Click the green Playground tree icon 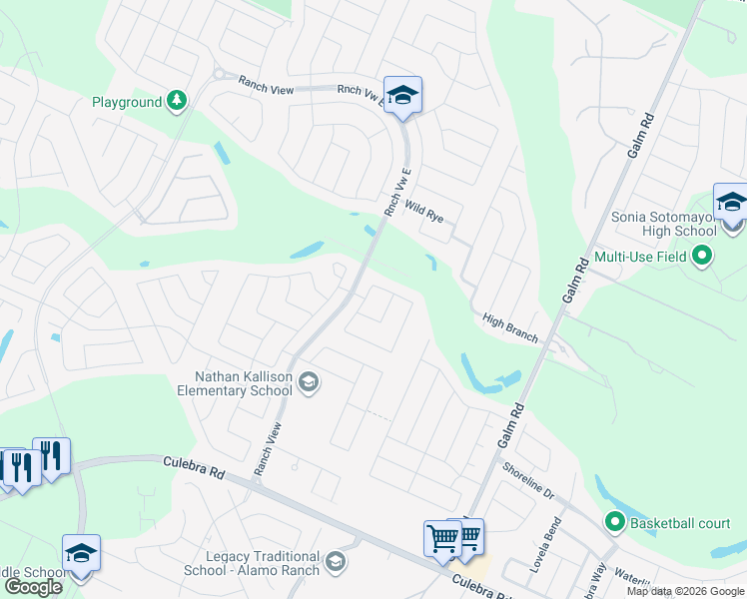[x=177, y=100]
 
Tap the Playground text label [x=127, y=102]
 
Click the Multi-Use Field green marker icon [x=703, y=257]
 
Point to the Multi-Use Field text [x=641, y=257]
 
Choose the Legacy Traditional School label [x=252, y=563]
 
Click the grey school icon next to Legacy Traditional [x=337, y=562]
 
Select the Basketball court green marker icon [x=614, y=521]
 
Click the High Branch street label [x=510, y=328]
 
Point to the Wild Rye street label [x=423, y=211]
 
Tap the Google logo [x=33, y=587]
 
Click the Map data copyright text [x=686, y=591]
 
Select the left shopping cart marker [x=441, y=537]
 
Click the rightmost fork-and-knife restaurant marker [x=50, y=456]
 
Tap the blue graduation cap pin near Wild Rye [x=402, y=95]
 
